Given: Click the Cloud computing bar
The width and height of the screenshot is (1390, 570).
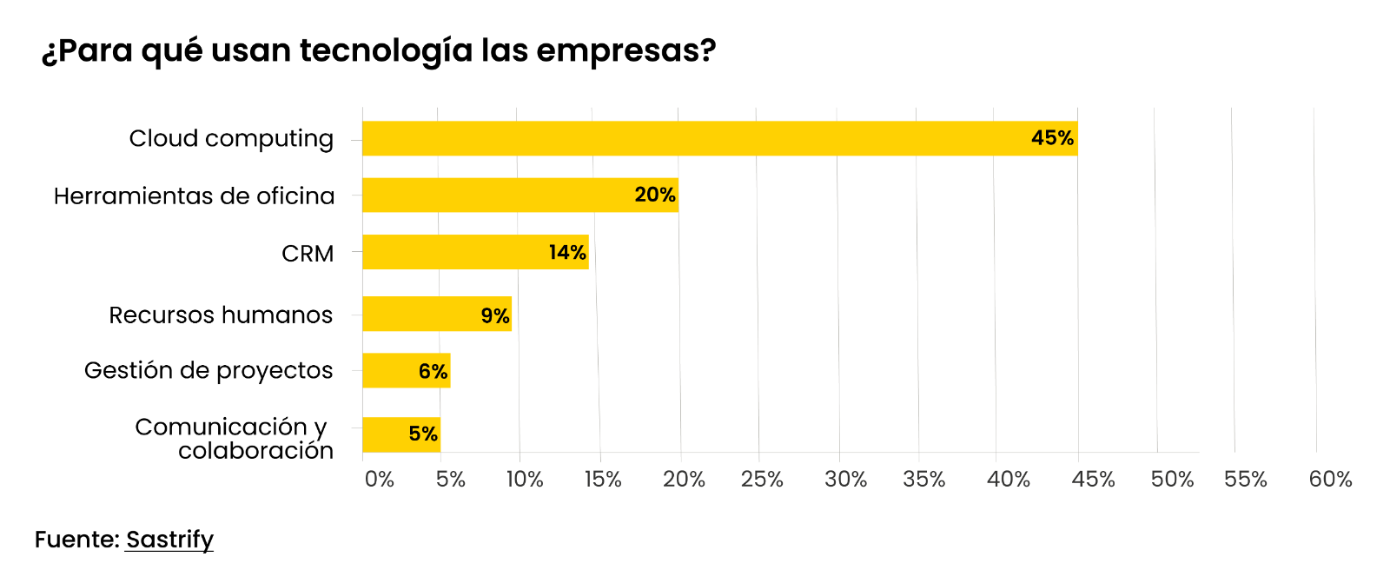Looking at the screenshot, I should pyautogui.click(x=719, y=138).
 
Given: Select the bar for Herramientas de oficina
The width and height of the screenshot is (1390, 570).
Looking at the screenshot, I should pyautogui.click(x=520, y=195).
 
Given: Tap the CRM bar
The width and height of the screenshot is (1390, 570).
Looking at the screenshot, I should pyautogui.click(x=475, y=252).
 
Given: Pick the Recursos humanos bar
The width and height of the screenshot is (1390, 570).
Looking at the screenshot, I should pyautogui.click(x=437, y=314).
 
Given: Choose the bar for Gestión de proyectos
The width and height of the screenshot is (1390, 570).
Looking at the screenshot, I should pyautogui.click(x=406, y=370).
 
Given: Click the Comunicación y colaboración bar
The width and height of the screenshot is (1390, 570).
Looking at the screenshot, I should pyautogui.click(x=401, y=434).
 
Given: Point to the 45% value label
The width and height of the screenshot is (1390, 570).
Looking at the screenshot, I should pyautogui.click(x=1052, y=138).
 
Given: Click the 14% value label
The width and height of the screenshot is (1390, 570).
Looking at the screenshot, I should pyautogui.click(x=567, y=253).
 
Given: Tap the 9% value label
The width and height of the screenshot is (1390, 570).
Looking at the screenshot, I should pyautogui.click(x=495, y=315).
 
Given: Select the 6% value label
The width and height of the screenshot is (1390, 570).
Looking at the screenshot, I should pyautogui.click(x=433, y=372).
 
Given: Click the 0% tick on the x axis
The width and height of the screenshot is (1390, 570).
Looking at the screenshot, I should pyautogui.click(x=379, y=480).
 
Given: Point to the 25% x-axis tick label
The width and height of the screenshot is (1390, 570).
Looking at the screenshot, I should pyautogui.click(x=762, y=480).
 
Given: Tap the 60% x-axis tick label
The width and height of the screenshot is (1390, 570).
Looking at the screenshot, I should pyautogui.click(x=1330, y=480).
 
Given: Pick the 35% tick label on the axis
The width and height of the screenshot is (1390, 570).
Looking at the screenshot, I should pyautogui.click(x=923, y=480).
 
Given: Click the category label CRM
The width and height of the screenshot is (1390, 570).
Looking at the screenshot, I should pyautogui.click(x=308, y=254).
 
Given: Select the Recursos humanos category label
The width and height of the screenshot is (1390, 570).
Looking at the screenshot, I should pyautogui.click(x=221, y=315).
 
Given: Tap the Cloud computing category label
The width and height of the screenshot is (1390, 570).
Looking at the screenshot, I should pyautogui.click(x=231, y=139).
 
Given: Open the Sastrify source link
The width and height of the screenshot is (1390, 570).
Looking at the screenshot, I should pyautogui.click(x=169, y=540).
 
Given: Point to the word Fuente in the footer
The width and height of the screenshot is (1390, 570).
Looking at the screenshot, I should pyautogui.click(x=76, y=540).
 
